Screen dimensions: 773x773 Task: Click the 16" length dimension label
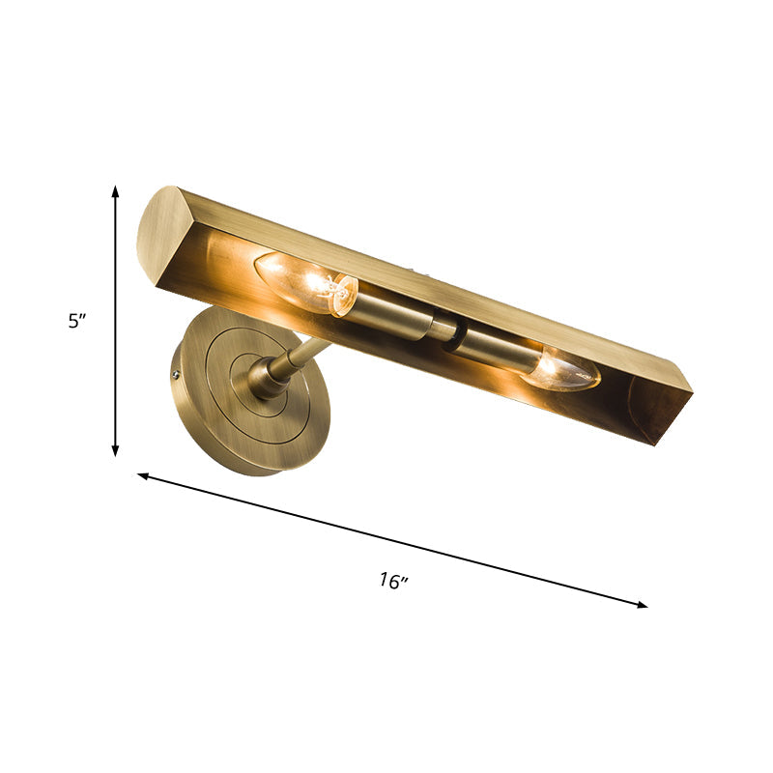(392, 581)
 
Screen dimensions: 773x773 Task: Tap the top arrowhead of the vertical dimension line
(116, 191)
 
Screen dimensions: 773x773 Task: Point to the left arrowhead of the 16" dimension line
(143, 475)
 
